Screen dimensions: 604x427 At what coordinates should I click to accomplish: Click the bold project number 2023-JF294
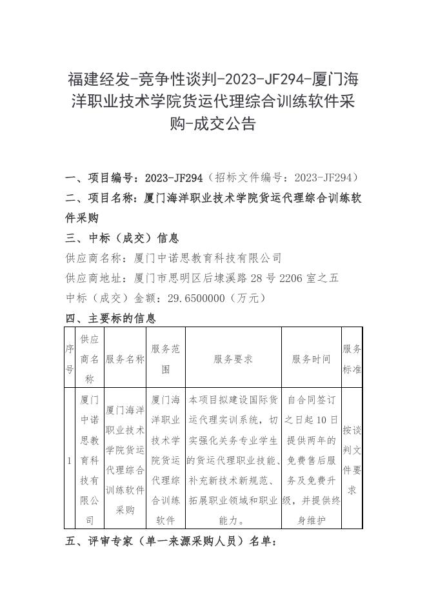pos(174,178)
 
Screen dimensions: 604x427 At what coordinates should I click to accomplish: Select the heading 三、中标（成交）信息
pos(123,238)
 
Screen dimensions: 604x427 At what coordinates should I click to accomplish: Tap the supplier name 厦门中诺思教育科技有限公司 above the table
pos(208,258)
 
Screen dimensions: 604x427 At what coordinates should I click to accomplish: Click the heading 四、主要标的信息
pos(111,318)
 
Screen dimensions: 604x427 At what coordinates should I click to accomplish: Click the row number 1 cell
pos(70,460)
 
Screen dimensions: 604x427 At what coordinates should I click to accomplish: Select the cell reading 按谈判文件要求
pos(352,460)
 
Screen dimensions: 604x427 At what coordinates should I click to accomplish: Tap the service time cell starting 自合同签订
pos(311,460)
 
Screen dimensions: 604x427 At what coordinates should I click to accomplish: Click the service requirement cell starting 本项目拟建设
pos(233,460)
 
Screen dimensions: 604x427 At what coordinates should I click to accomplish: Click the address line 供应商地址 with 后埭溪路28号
pos(202,278)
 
